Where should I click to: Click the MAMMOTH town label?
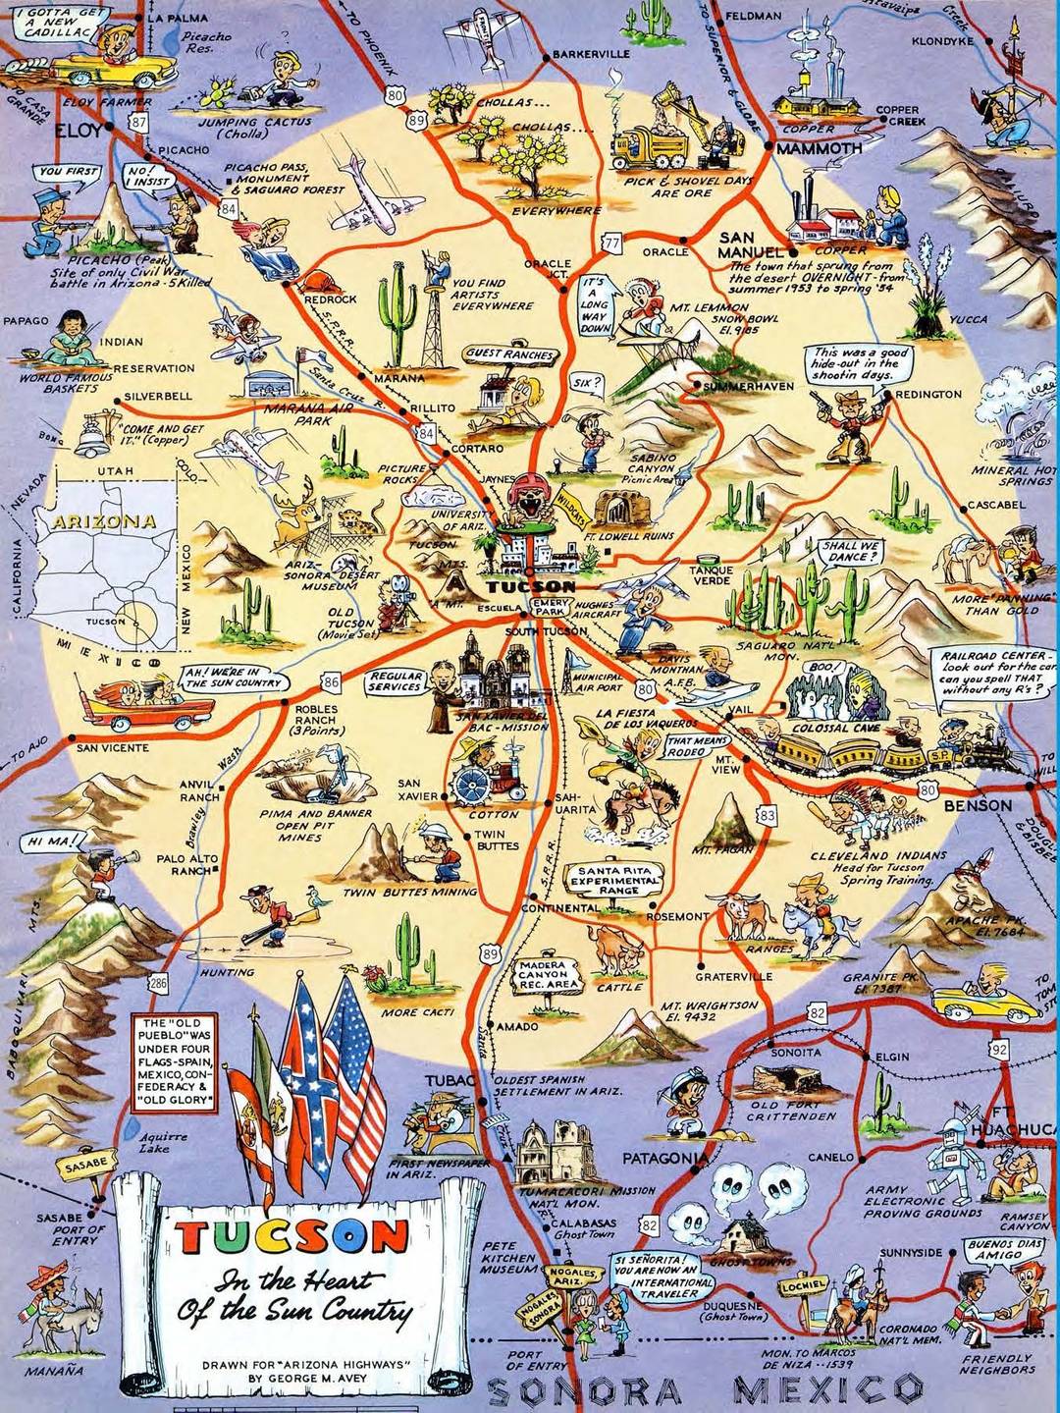pos(819,149)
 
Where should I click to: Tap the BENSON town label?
pos(977,805)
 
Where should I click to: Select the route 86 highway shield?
pos(331,681)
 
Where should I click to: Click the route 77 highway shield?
pos(612,243)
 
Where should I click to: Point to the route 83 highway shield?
pos(767,815)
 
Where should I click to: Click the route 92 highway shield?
pos(998,1049)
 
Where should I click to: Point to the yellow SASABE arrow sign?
pos(79,1168)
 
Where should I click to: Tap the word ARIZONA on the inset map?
pos(104,520)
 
